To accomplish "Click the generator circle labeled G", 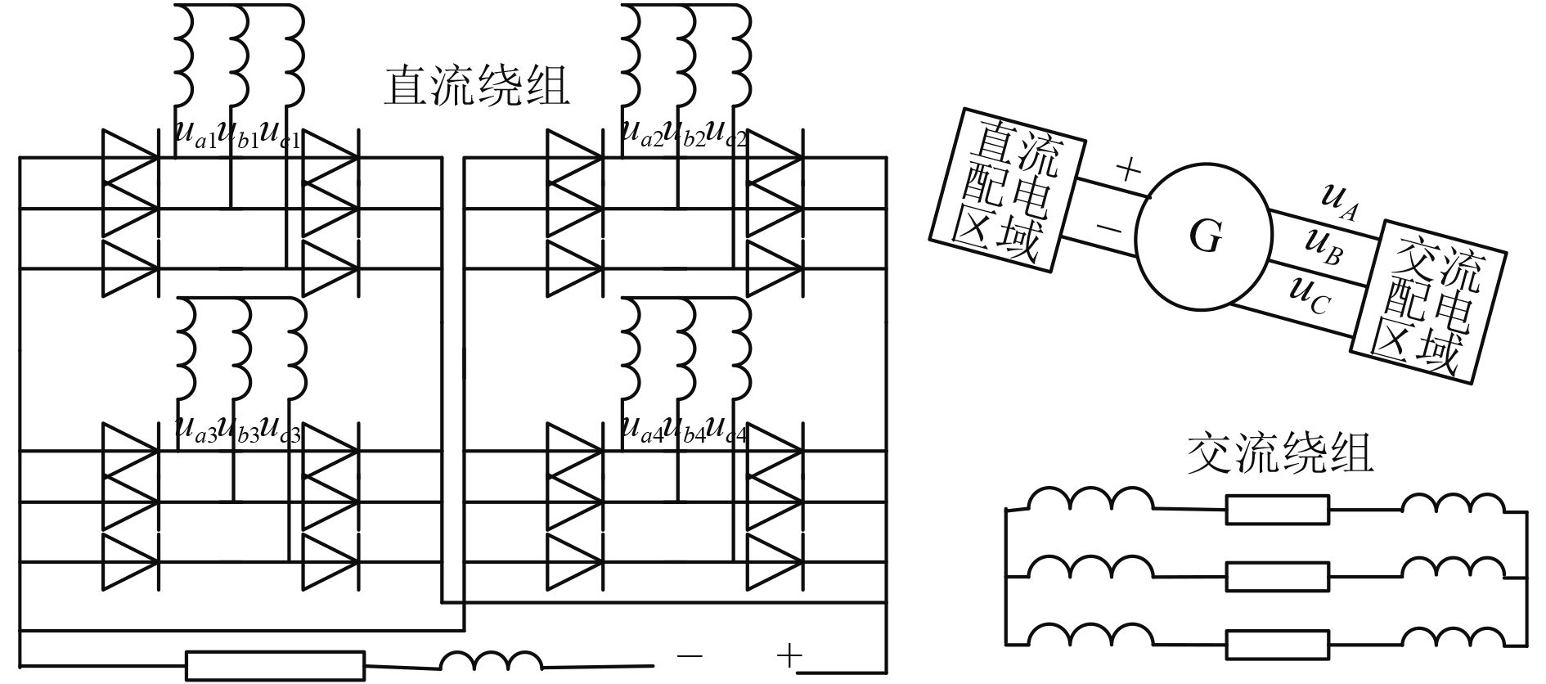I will pyautogui.click(x=1203, y=238).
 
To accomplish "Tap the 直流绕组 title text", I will pyautogui.click(x=476, y=87).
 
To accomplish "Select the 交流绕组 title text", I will pyautogui.click(x=1279, y=455).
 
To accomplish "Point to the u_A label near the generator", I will pyautogui.click(x=1340, y=200).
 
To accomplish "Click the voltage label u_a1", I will pyautogui.click(x=195, y=133).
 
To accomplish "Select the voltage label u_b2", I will pyautogui.click(x=684, y=133).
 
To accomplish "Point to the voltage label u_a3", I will pyautogui.click(x=195, y=430).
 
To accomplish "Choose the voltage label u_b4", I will pyautogui.click(x=684, y=430).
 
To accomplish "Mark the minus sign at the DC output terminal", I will pyautogui.click(x=690, y=656).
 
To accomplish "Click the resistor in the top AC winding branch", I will pyautogui.click(x=1277, y=510).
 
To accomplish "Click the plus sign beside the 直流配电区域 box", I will pyautogui.click(x=1128, y=170).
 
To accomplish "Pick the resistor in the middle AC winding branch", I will pyautogui.click(x=1277, y=577).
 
